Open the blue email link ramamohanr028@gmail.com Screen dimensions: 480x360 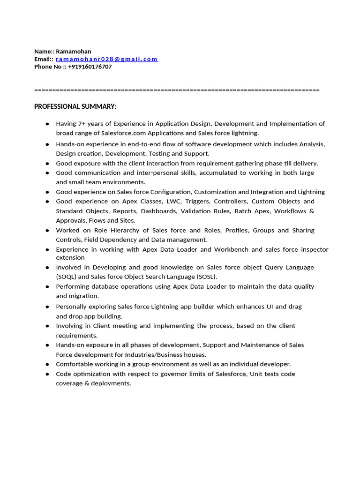[106, 59]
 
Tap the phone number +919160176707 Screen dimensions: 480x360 [90, 67]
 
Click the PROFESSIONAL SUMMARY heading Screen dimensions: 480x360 [75, 106]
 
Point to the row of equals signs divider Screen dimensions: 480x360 [177, 90]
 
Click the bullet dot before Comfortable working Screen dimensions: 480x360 [47, 364]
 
